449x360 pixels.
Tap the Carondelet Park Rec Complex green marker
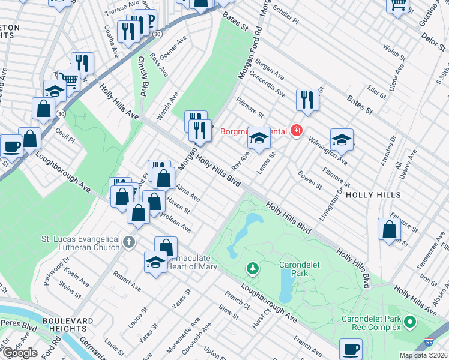coord(411,323)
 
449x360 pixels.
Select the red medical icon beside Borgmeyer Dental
coord(295,130)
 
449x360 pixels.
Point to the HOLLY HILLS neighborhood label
coord(377,196)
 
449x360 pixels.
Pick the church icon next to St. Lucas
coord(128,243)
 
